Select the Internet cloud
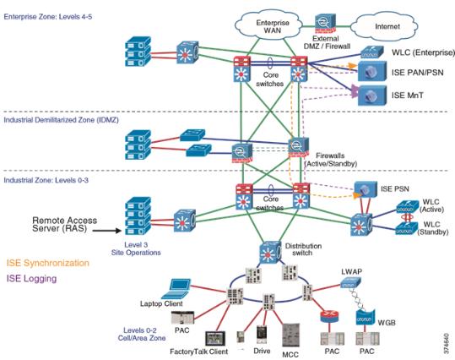point(385,27)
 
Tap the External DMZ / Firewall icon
point(325,24)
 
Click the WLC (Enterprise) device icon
point(372,52)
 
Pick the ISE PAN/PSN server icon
point(372,71)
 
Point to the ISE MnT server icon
point(372,95)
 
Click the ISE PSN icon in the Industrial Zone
point(366,188)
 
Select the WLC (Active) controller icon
point(408,206)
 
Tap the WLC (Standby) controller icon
point(407,229)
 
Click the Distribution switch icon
point(270,253)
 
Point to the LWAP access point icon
point(350,281)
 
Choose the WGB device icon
point(366,318)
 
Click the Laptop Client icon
point(176,288)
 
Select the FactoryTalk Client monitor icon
point(215,338)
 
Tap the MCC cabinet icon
point(290,335)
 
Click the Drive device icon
point(262,335)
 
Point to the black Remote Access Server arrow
point(106,231)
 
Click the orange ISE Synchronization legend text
point(48,263)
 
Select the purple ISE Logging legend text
point(31,278)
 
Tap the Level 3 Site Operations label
point(136,248)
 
